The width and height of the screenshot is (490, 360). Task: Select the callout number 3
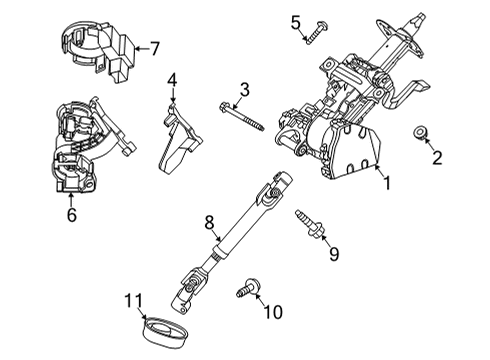click(x=243, y=94)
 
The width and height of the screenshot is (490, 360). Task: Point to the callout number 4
click(x=172, y=79)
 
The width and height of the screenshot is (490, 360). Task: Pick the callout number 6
click(x=69, y=213)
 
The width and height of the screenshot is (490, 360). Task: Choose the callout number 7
click(x=154, y=47)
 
